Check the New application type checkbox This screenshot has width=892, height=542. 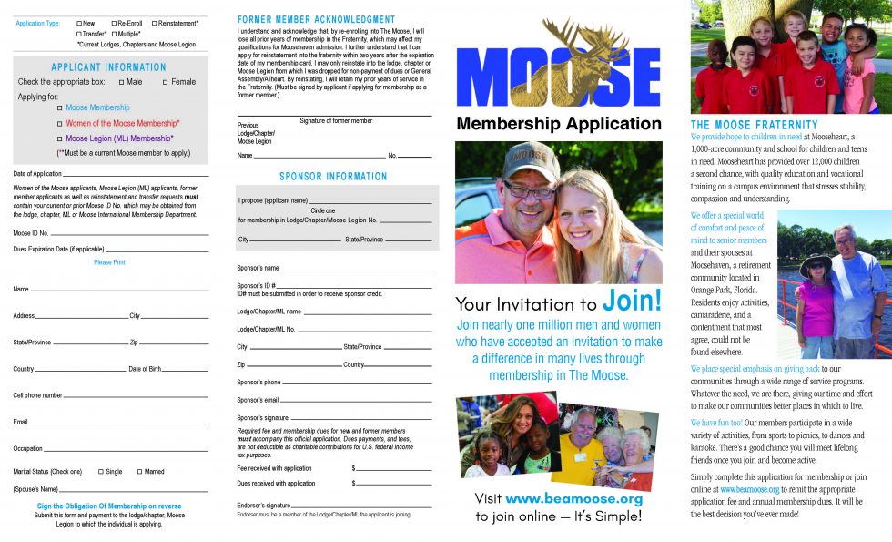(x=79, y=23)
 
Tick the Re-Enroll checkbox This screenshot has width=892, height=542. (x=114, y=23)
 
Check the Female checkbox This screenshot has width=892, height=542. (x=165, y=82)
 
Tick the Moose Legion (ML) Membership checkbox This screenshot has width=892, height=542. (x=59, y=139)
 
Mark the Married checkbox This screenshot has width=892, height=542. (x=139, y=472)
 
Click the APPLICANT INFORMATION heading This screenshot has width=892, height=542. (x=108, y=67)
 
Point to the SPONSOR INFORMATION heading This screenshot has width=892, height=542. (x=333, y=177)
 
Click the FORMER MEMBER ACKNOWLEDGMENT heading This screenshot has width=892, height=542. (x=316, y=19)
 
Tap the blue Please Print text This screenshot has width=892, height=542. (x=109, y=262)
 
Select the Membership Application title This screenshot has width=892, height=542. (x=559, y=124)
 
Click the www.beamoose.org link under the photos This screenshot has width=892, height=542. (x=573, y=499)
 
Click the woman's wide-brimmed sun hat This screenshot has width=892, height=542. (x=816, y=262)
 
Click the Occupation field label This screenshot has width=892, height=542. (x=27, y=449)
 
